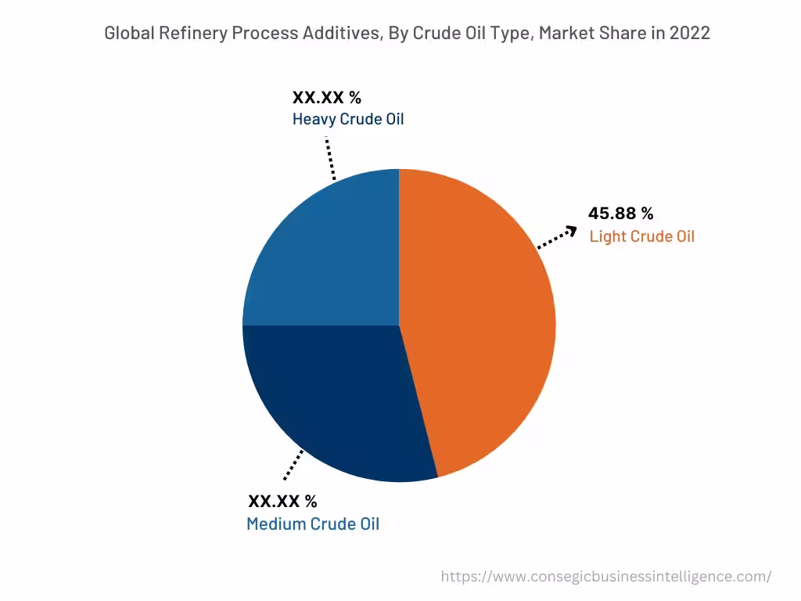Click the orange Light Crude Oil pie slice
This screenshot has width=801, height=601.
[x=477, y=321]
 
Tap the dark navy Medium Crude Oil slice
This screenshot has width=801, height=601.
[x=336, y=399]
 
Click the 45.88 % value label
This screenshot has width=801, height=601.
[x=620, y=214]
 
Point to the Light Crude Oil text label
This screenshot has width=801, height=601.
[x=641, y=236]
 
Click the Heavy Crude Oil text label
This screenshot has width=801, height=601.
[x=348, y=120]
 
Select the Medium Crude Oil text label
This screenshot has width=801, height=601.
[x=313, y=524]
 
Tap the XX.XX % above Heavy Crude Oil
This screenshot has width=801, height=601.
[x=327, y=98]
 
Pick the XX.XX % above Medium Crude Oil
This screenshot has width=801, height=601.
[x=282, y=502]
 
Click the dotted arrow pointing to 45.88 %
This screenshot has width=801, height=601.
[x=557, y=238]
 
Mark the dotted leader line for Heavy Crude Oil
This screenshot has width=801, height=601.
[x=330, y=159]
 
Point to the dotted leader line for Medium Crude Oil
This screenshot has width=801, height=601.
[x=293, y=465]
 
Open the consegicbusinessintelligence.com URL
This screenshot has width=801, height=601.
[x=605, y=577]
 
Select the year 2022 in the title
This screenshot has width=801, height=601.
[x=689, y=34]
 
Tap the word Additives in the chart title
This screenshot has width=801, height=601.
[x=340, y=34]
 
